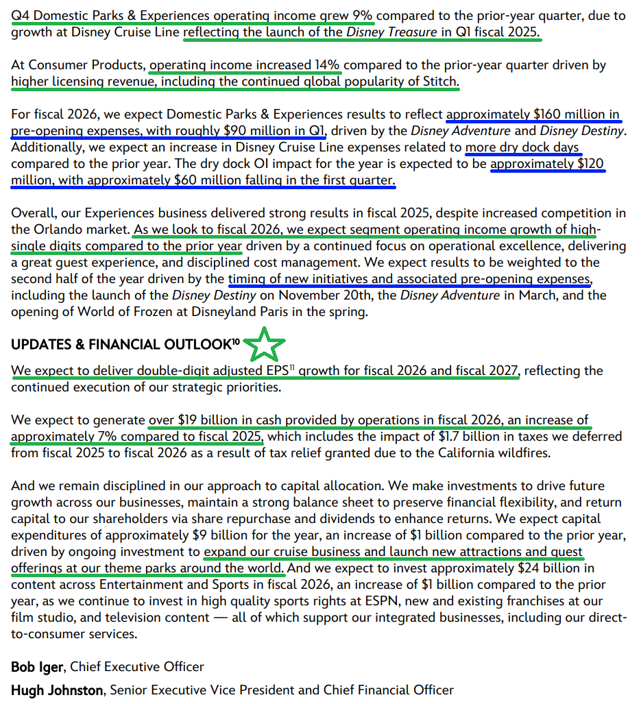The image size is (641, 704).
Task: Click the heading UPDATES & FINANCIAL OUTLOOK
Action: pos(121,345)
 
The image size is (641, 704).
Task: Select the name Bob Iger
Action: pos(38,666)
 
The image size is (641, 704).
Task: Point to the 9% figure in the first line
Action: pos(361,15)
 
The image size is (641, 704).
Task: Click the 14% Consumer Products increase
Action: pos(327,66)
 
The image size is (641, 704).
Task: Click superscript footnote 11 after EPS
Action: pos(291,369)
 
